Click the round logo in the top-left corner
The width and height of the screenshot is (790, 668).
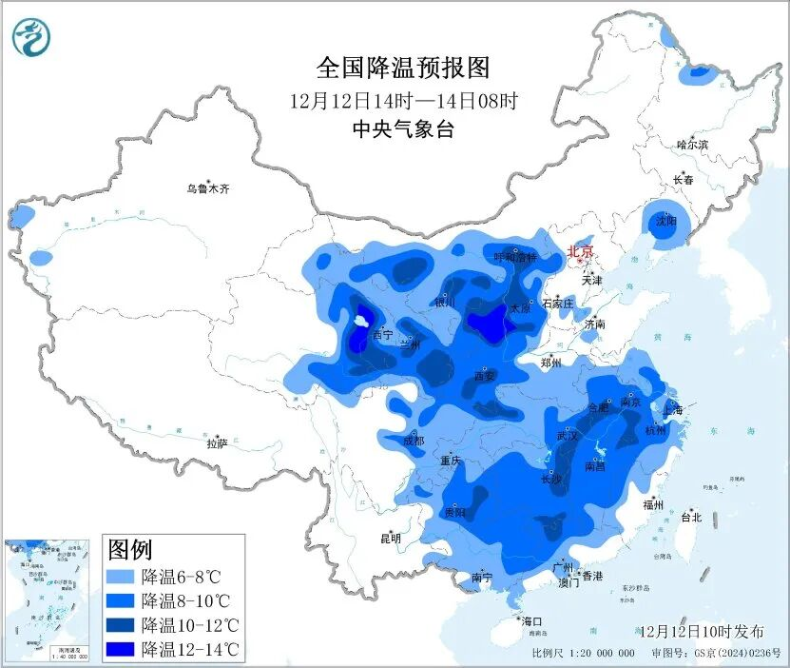click(31, 36)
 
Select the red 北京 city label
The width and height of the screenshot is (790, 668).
click(580, 251)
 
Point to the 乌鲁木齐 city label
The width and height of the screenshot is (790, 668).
click(208, 189)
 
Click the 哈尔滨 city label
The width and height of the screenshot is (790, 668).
click(692, 145)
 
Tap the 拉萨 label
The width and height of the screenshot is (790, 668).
click(217, 442)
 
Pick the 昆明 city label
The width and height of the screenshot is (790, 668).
click(391, 538)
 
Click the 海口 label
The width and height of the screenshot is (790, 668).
click(531, 620)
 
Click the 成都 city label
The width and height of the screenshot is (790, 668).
click(414, 441)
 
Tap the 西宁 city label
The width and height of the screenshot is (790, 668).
click(382, 335)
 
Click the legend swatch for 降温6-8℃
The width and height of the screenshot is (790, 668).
click(121, 577)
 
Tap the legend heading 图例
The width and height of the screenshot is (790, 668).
click(130, 549)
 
